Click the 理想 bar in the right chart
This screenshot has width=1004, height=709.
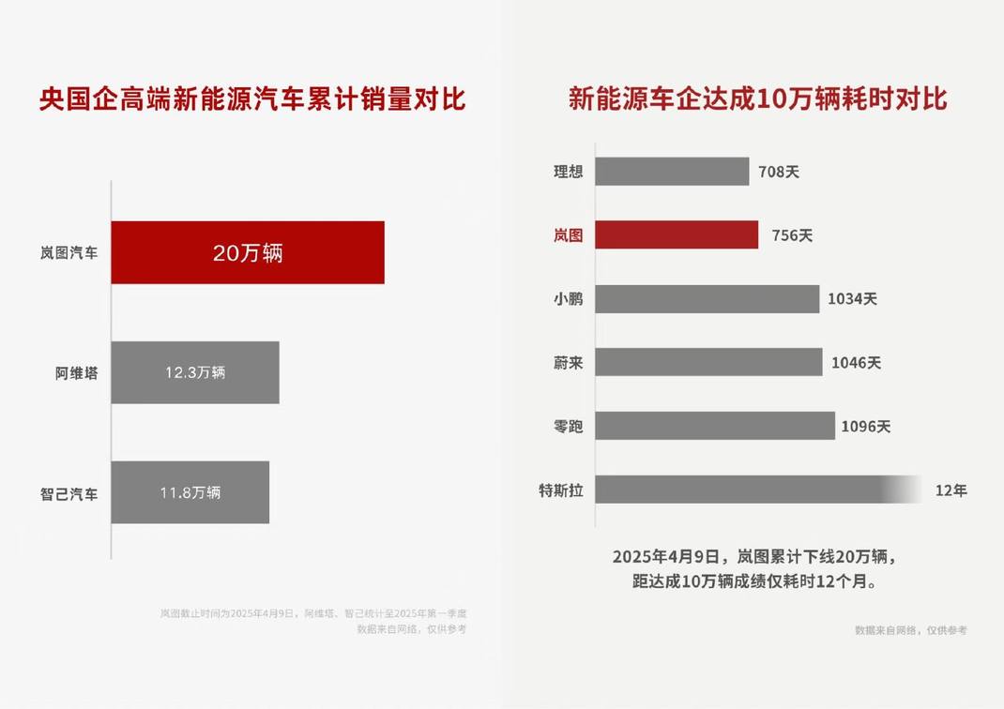click(672, 172)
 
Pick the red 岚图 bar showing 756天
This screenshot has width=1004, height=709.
click(676, 234)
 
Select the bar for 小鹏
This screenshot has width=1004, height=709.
click(707, 299)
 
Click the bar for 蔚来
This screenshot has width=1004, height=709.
click(708, 362)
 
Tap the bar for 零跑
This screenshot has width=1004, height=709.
click(714, 426)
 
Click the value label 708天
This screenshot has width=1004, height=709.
click(779, 173)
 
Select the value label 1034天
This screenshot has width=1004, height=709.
click(852, 299)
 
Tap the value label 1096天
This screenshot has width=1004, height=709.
click(865, 427)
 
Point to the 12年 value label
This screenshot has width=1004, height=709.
click(951, 490)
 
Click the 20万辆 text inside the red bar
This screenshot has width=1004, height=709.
click(248, 253)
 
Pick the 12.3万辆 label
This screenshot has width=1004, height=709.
click(195, 372)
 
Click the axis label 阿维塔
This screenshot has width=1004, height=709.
click(76, 373)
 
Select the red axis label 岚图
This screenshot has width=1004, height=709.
click(568, 235)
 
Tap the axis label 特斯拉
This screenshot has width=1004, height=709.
click(560, 490)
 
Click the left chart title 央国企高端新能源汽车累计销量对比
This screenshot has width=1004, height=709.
click(252, 99)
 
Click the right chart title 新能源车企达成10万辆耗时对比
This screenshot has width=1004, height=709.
click(757, 99)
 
